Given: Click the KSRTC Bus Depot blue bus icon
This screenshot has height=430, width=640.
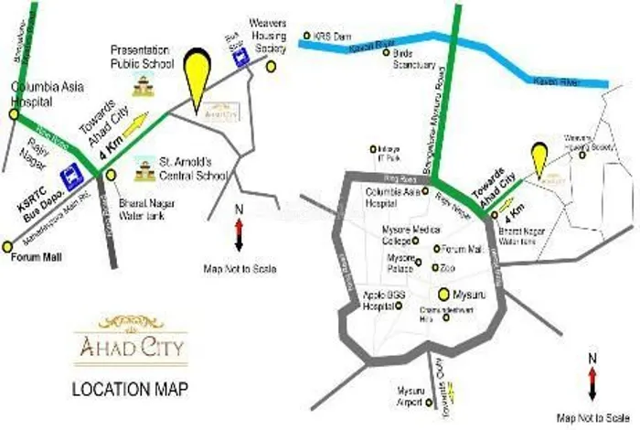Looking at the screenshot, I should click(x=69, y=175).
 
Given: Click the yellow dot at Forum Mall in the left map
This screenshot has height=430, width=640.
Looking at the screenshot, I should click(x=7, y=246).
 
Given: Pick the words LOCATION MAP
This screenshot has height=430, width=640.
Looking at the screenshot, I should click(x=131, y=389).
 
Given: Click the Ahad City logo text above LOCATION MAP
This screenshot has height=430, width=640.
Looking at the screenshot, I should click(x=143, y=348).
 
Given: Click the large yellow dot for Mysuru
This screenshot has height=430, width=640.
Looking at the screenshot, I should click(x=443, y=294).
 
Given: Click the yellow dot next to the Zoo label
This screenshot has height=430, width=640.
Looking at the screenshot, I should click(x=433, y=267).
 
